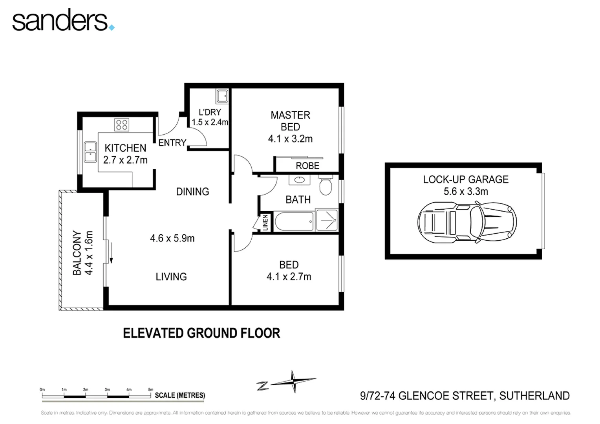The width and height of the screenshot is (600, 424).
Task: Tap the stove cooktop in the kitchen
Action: point(121,125)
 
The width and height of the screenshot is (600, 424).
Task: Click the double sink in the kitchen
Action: point(90,152)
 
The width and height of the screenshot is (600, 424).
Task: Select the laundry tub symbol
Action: point(222,96)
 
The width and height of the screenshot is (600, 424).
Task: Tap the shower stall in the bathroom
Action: point(327,221)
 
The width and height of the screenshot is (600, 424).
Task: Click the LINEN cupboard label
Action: point(265,222)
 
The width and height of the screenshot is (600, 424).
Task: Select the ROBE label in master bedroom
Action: point(307,166)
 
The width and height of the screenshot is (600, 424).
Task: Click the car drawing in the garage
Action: point(467,222)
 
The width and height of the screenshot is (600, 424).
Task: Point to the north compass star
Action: point(293,381)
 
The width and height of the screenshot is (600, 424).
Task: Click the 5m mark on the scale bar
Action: point(150,390)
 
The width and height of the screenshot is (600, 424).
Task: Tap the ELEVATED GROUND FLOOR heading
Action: point(201,333)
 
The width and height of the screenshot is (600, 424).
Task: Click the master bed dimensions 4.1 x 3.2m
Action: point(290,139)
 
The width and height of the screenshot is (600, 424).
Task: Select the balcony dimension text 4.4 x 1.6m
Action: point(89,253)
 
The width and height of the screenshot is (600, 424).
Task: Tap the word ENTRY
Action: point(172,143)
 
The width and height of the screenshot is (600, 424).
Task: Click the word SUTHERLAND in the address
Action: point(534,396)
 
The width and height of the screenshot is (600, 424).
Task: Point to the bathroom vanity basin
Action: point(300,180)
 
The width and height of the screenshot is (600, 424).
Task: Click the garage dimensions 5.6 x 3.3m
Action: point(466,192)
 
